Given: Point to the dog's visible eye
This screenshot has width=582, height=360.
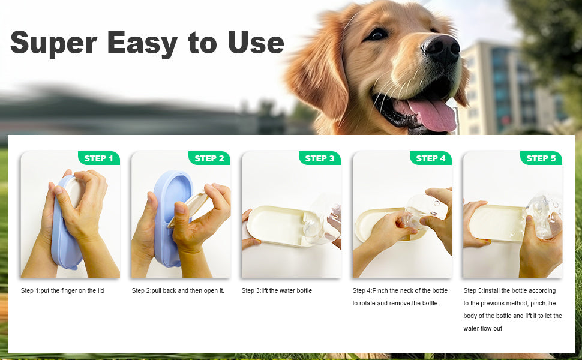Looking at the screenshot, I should (377, 34).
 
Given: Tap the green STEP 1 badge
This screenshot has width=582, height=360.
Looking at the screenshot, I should (98, 158).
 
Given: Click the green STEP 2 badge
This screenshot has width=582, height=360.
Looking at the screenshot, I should (209, 158).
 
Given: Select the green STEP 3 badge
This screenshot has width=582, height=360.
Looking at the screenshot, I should (320, 158).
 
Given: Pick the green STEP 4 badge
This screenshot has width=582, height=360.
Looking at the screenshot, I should (430, 158).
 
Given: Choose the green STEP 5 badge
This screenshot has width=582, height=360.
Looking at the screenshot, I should (541, 158).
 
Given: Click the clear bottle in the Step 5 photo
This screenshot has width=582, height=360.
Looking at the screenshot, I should (543, 216).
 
